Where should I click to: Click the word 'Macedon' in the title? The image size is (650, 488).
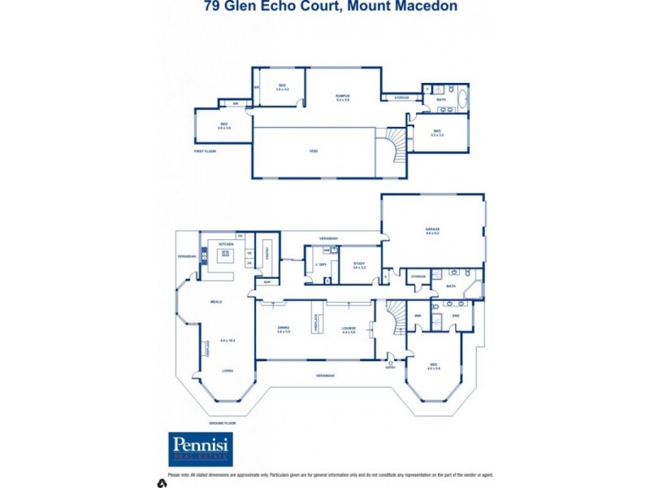click(423, 7)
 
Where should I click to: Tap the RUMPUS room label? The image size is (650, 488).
click(343, 96)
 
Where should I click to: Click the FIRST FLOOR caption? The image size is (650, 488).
click(204, 151)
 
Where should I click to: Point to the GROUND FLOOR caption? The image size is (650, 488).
click(222, 424)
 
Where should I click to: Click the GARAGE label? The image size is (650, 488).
click(432, 230)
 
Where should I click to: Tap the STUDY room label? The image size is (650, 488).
click(359, 264)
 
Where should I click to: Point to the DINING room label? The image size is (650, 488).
click(284, 329)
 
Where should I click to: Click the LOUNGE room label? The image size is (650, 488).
click(349, 329)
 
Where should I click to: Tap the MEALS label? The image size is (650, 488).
click(216, 302)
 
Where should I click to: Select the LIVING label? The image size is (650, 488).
click(229, 370)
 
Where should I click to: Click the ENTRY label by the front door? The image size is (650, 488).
click(391, 367)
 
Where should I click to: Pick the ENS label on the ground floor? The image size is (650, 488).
click(455, 315)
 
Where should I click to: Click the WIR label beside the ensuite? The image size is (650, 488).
click(418, 316)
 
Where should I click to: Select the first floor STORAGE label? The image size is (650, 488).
click(401, 98)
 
